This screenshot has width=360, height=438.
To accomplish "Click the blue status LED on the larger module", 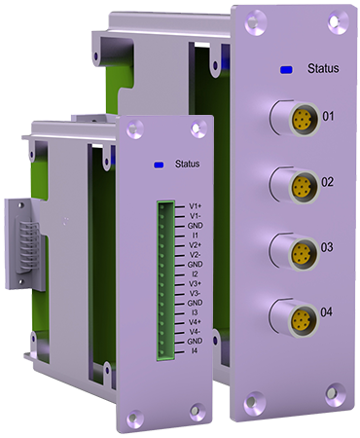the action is pyautogui.click(x=287, y=69).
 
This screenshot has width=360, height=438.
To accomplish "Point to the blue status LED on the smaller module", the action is pyautogui.click(x=159, y=164).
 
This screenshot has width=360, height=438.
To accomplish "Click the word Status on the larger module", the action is pyautogui.click(x=323, y=68).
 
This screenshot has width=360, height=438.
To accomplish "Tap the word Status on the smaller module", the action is pyautogui.click(x=187, y=164).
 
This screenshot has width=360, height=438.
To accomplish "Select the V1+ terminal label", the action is pyautogui.click(x=196, y=206).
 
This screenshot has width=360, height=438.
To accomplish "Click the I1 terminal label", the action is pyautogui.click(x=195, y=235).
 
